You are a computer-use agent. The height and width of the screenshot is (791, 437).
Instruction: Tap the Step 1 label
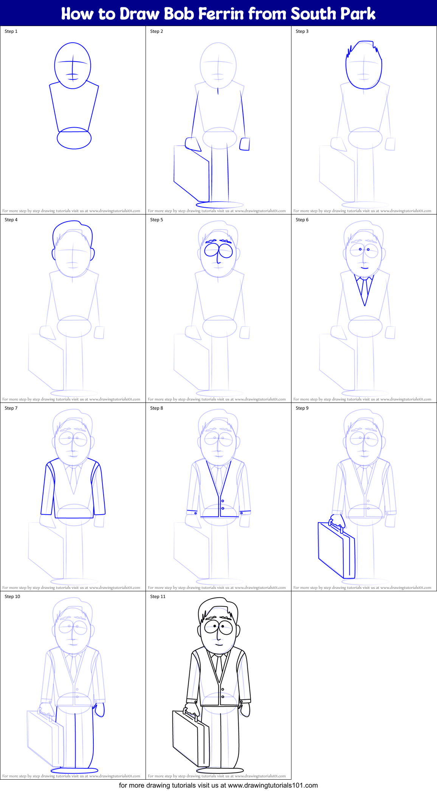[x=11, y=31]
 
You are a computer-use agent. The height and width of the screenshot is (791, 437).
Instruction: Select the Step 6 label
[x=302, y=220]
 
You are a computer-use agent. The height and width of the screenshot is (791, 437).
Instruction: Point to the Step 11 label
[x=158, y=597]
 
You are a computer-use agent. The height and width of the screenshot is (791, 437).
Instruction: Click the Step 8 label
[x=157, y=408]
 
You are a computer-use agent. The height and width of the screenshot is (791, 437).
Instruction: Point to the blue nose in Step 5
[x=218, y=257]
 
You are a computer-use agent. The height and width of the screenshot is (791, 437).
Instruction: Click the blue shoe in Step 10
[x=74, y=769]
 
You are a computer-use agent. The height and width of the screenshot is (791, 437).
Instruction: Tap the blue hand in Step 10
[x=99, y=710]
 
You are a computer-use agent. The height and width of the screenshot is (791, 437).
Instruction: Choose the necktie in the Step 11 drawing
[x=219, y=667]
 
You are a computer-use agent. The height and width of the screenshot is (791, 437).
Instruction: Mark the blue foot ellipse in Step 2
[x=219, y=205]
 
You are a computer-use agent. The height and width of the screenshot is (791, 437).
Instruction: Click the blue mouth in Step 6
[x=364, y=268]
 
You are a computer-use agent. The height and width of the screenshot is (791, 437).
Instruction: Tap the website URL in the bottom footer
[x=273, y=785]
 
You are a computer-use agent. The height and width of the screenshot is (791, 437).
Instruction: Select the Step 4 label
[x=11, y=220]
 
